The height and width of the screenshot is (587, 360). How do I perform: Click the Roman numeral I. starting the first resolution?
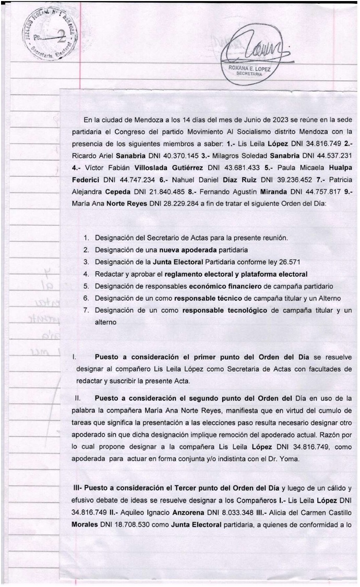pos(75,357)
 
